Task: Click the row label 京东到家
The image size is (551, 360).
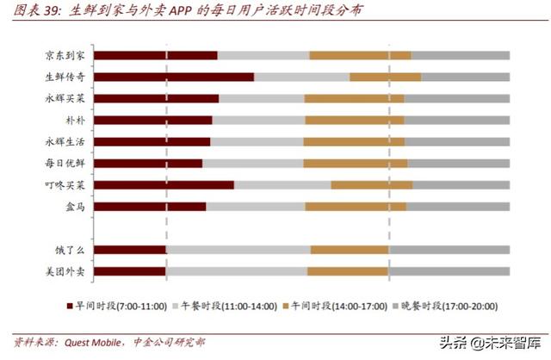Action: pos(65,56)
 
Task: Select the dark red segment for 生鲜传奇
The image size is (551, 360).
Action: pos(173,77)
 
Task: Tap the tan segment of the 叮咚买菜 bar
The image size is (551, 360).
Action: pos(372,184)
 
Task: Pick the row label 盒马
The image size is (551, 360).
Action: pos(75,207)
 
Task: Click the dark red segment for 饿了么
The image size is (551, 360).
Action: pos(129,250)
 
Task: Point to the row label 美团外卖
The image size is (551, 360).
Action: pos(65,271)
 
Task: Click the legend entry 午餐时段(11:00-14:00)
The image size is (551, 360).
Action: pos(229,306)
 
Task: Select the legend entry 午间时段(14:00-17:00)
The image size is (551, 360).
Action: pos(336,306)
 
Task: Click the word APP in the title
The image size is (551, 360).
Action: pos(179,12)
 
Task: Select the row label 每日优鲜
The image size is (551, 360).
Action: pos(65,163)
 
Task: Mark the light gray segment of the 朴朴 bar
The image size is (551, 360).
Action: pos(257,120)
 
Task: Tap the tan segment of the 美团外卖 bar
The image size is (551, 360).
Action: pos(348,271)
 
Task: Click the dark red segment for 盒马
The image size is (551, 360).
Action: pos(149,207)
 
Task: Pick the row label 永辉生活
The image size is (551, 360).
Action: pos(65,141)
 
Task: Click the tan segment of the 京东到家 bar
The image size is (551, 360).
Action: pos(360,56)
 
